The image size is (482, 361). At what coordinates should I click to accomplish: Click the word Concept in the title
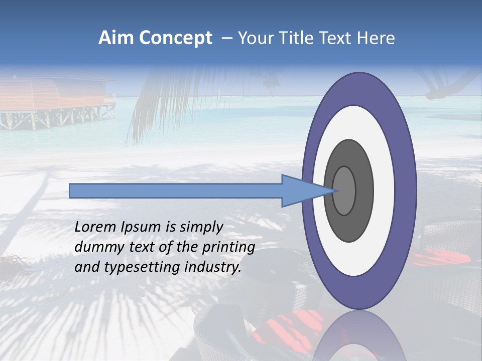pyautogui.click(x=175, y=38)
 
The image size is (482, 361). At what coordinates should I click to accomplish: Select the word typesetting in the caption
pyautogui.click(x=133, y=268)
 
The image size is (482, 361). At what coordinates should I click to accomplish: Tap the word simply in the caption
pyautogui.click(x=200, y=228)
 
